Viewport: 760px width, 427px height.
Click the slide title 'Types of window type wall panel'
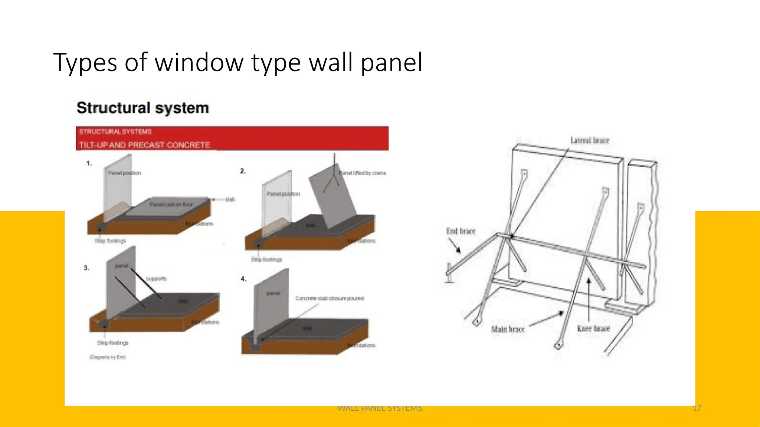(238, 62)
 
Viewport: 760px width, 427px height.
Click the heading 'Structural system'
(142, 108)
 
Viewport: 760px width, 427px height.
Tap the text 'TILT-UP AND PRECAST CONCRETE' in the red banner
(145, 145)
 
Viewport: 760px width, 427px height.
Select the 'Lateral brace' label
(589, 140)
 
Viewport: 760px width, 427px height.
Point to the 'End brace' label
(461, 231)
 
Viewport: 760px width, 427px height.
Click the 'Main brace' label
(508, 329)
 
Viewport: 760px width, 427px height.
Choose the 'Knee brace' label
(593, 328)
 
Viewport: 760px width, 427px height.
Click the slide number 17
(697, 408)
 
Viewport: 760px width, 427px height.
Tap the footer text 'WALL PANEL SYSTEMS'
(380, 408)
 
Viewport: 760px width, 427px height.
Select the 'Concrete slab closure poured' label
(330, 298)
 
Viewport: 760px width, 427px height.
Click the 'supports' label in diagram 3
(156, 278)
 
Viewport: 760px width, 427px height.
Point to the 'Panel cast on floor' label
(171, 204)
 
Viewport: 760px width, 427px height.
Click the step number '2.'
(243, 171)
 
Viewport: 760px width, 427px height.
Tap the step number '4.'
(243, 279)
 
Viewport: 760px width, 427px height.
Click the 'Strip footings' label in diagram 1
(110, 241)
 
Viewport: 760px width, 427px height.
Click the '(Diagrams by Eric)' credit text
(107, 357)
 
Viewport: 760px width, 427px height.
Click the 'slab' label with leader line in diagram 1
(230, 199)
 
